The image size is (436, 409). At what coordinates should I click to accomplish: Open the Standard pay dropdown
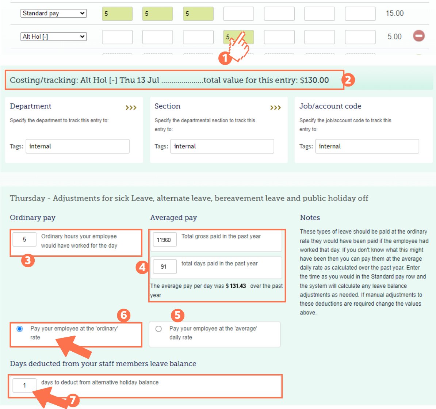(53, 14)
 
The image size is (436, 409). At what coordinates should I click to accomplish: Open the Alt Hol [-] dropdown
(53, 37)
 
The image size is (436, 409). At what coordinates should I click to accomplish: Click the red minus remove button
(419, 36)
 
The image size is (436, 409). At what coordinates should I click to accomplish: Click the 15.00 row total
(394, 14)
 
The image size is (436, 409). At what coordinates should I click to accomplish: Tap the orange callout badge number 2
(348, 80)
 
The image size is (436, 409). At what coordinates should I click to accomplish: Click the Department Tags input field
(77, 146)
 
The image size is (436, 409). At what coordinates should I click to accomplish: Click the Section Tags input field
(222, 146)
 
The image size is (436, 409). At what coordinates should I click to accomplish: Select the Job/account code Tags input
(367, 146)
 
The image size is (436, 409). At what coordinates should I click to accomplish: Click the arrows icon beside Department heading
(131, 108)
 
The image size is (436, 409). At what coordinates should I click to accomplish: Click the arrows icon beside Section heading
(275, 108)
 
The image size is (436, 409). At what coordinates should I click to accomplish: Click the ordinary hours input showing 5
(24, 240)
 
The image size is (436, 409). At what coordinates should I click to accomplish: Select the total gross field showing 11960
(164, 240)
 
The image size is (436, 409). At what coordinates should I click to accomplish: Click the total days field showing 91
(164, 267)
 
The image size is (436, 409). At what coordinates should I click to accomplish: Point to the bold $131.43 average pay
(236, 286)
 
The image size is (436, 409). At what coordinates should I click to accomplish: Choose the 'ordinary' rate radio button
(20, 329)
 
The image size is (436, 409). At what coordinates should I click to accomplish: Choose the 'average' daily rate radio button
(158, 329)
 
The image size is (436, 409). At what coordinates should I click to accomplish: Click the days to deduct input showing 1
(24, 385)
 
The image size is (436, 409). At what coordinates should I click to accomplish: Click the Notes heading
(310, 218)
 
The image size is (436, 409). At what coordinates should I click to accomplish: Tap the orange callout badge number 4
(142, 267)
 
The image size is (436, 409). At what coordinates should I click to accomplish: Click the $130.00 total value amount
(314, 80)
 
